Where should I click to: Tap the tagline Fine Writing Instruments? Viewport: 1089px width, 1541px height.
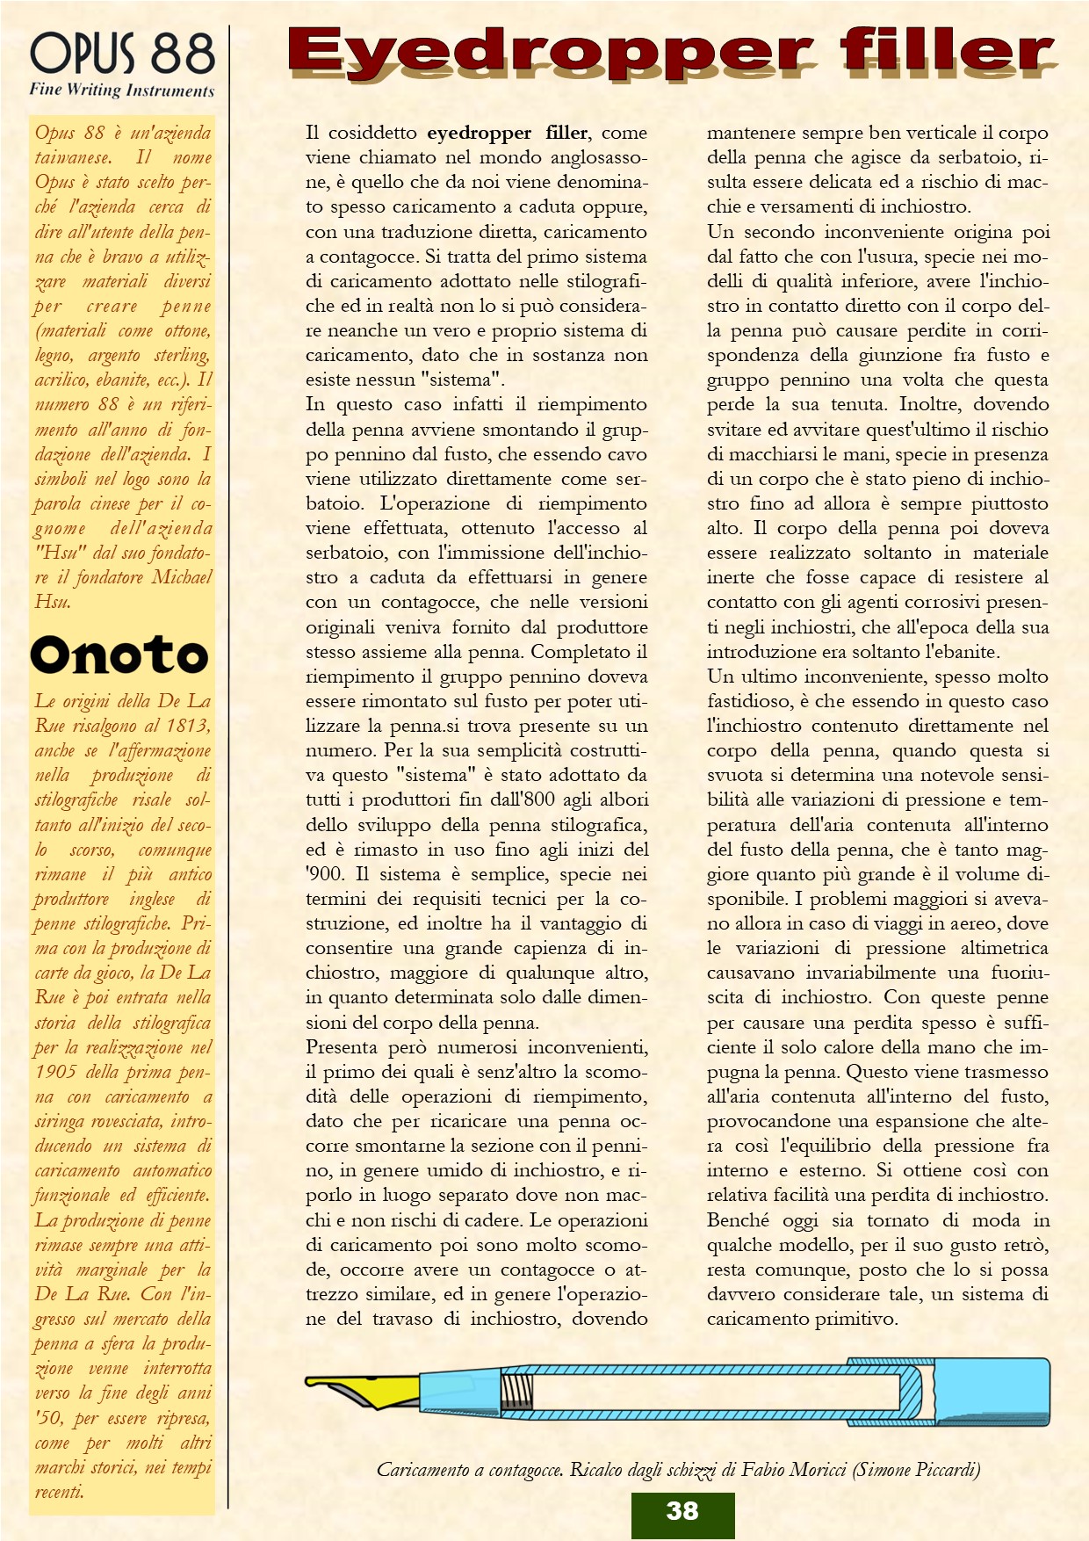coord(122,90)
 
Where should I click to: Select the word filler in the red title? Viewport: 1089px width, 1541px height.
coord(945,51)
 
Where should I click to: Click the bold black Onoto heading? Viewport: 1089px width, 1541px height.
coord(119,655)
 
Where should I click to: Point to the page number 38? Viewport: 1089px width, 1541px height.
coord(682,1511)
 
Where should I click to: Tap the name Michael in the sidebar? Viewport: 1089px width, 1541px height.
coord(182,577)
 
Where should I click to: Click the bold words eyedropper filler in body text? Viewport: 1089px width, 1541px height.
coord(507,133)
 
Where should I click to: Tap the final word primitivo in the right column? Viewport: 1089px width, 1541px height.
coord(851,1319)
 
